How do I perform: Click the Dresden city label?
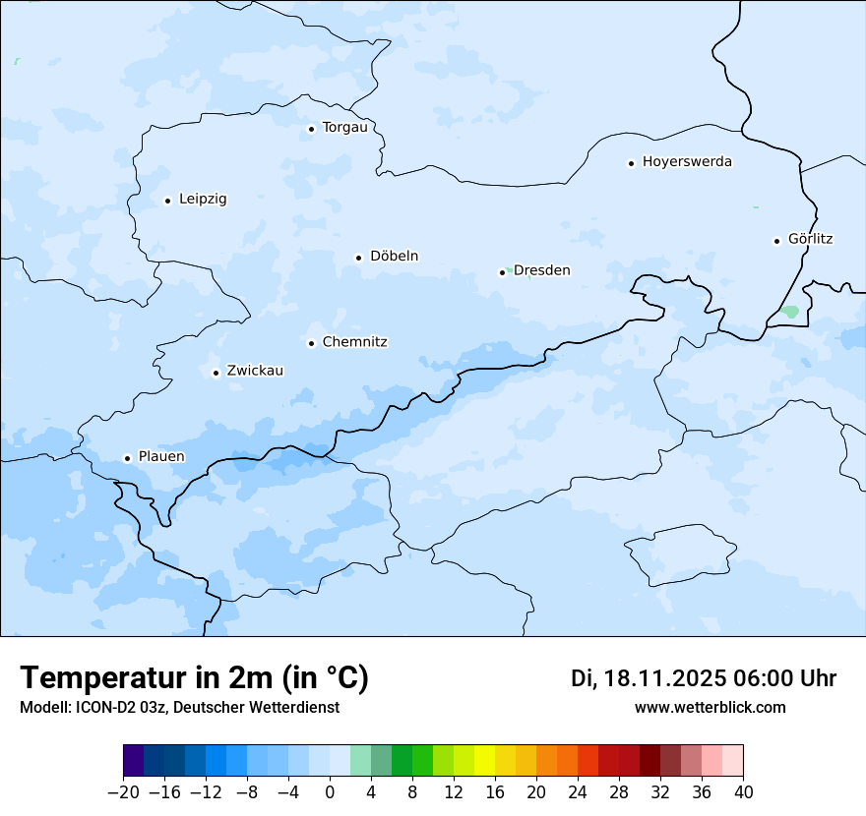click(x=541, y=270)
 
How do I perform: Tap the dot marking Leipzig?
click(x=167, y=201)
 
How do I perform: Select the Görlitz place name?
click(x=810, y=239)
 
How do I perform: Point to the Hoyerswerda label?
click(x=687, y=162)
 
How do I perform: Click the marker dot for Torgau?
click(x=311, y=129)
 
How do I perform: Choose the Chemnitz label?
click(x=354, y=342)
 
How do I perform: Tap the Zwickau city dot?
click(x=216, y=373)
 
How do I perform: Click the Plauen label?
click(x=160, y=457)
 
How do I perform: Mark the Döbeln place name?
click(x=394, y=257)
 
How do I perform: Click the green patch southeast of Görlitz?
click(x=789, y=312)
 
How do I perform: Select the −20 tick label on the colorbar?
click(x=123, y=792)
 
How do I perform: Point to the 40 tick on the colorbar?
click(x=743, y=792)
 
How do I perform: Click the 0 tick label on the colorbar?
click(x=330, y=792)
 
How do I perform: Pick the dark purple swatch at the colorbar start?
click(x=134, y=761)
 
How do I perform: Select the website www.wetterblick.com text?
click(x=710, y=707)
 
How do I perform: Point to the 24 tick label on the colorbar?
click(x=578, y=792)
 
